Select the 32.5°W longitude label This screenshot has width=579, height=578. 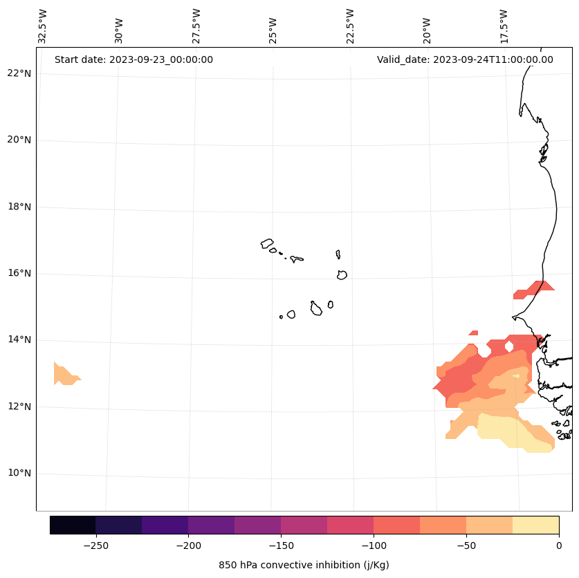click(x=43, y=26)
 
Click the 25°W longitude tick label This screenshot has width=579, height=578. click(x=273, y=26)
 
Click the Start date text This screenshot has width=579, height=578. click(x=134, y=59)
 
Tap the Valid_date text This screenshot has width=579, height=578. click(x=465, y=59)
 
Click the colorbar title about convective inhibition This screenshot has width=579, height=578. click(x=304, y=565)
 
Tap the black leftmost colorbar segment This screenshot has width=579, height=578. click(x=73, y=525)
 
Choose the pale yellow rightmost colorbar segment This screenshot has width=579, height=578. click(x=535, y=525)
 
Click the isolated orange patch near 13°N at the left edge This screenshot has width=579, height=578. click(x=64, y=375)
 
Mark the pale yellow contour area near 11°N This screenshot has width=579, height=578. click(x=512, y=432)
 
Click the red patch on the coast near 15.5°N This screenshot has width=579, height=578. click(x=533, y=290)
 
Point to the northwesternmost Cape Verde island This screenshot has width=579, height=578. click(x=267, y=243)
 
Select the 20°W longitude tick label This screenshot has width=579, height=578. click(x=428, y=26)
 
